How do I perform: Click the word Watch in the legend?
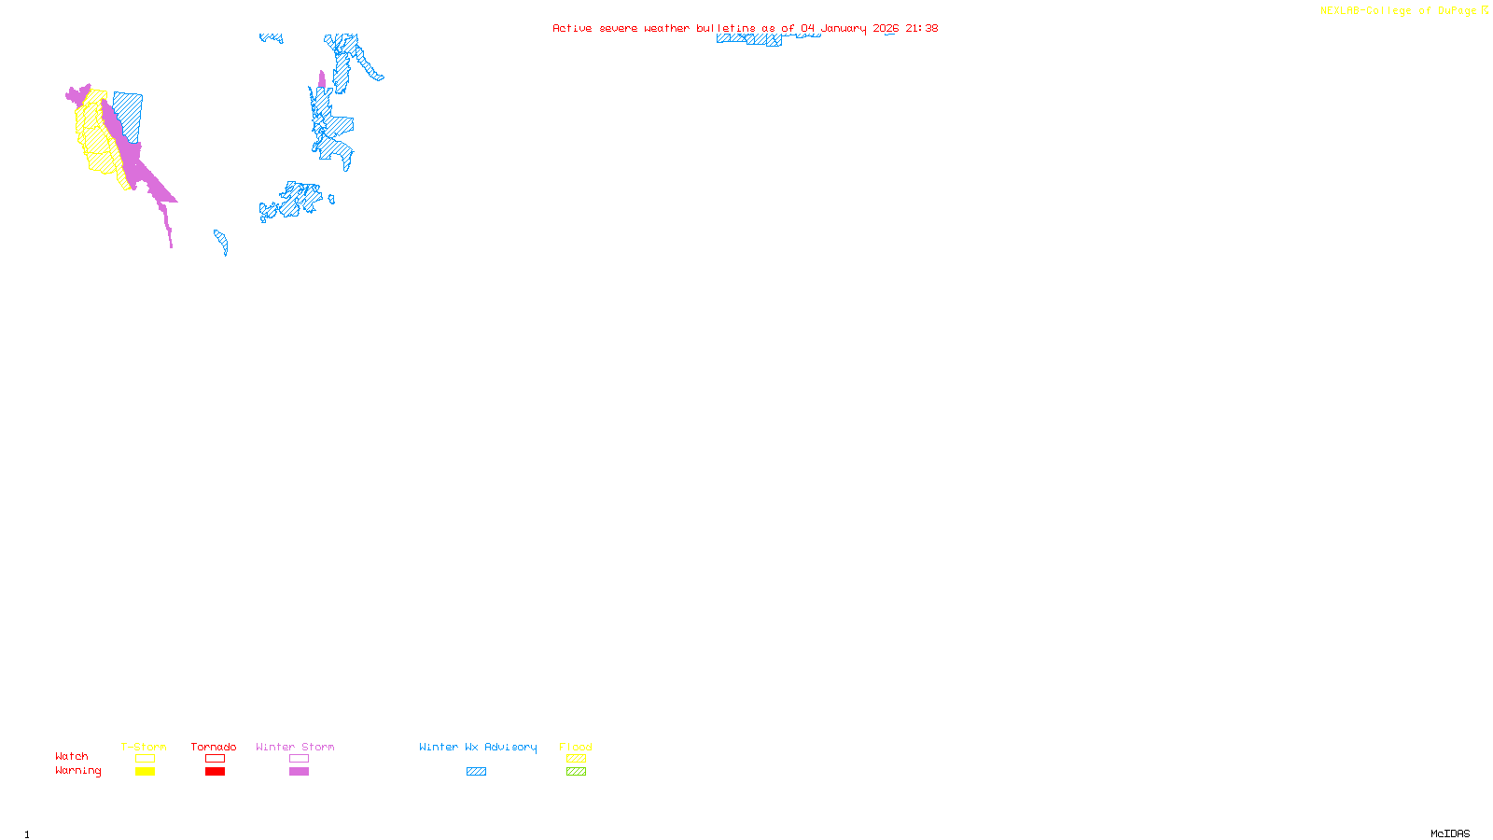(72, 756)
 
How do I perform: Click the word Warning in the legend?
(77, 771)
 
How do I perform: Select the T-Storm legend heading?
(144, 747)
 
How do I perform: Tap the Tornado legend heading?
(214, 747)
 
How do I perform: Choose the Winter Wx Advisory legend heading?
(478, 747)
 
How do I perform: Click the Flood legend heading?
(576, 747)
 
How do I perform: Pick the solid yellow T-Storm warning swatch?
(145, 772)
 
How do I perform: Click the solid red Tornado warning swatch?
(215, 772)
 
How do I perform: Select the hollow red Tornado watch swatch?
(215, 759)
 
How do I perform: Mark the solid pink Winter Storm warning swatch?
(299, 772)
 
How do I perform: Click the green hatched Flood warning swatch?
(576, 772)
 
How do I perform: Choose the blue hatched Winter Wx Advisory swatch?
(476, 772)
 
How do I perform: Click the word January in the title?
(844, 28)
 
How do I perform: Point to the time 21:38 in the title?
(921, 28)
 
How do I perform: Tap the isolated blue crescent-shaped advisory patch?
(222, 242)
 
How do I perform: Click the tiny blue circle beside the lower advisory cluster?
(331, 199)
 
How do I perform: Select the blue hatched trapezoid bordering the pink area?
(130, 115)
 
